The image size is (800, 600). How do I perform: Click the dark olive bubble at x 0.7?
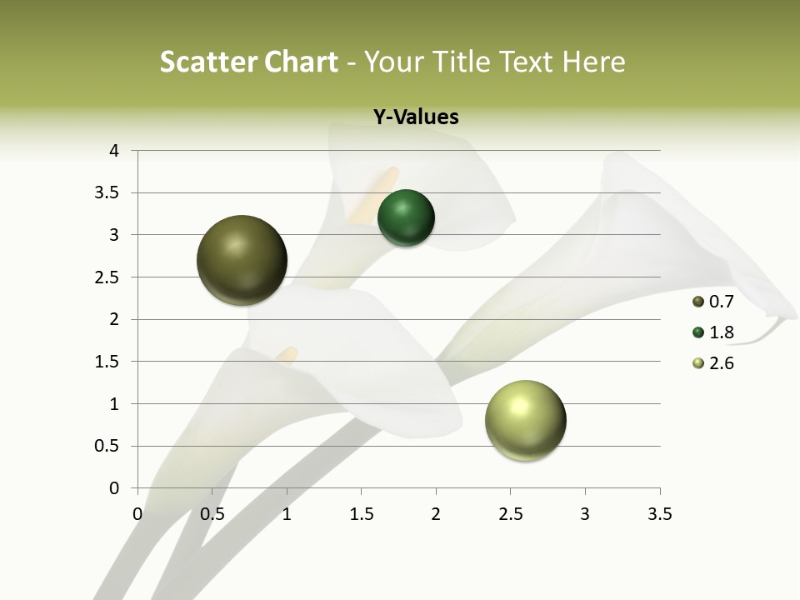(x=242, y=260)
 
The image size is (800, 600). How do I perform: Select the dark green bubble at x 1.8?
(x=406, y=218)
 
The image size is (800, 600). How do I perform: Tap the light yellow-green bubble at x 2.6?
(x=525, y=420)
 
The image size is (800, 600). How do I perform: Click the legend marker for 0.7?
(x=698, y=302)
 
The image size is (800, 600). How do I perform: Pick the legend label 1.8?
(x=721, y=332)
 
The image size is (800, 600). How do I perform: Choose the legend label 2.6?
(x=721, y=363)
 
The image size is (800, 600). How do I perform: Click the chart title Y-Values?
(x=415, y=117)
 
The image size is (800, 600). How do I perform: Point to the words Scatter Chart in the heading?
(x=248, y=62)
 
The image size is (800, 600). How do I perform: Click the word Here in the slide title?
(x=593, y=62)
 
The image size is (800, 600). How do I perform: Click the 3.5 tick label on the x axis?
(x=659, y=515)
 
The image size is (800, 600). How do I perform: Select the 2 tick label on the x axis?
(x=435, y=515)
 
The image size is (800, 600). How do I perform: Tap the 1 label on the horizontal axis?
(x=287, y=515)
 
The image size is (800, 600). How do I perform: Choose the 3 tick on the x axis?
(x=585, y=515)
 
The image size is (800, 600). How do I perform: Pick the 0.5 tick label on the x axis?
(x=212, y=515)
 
